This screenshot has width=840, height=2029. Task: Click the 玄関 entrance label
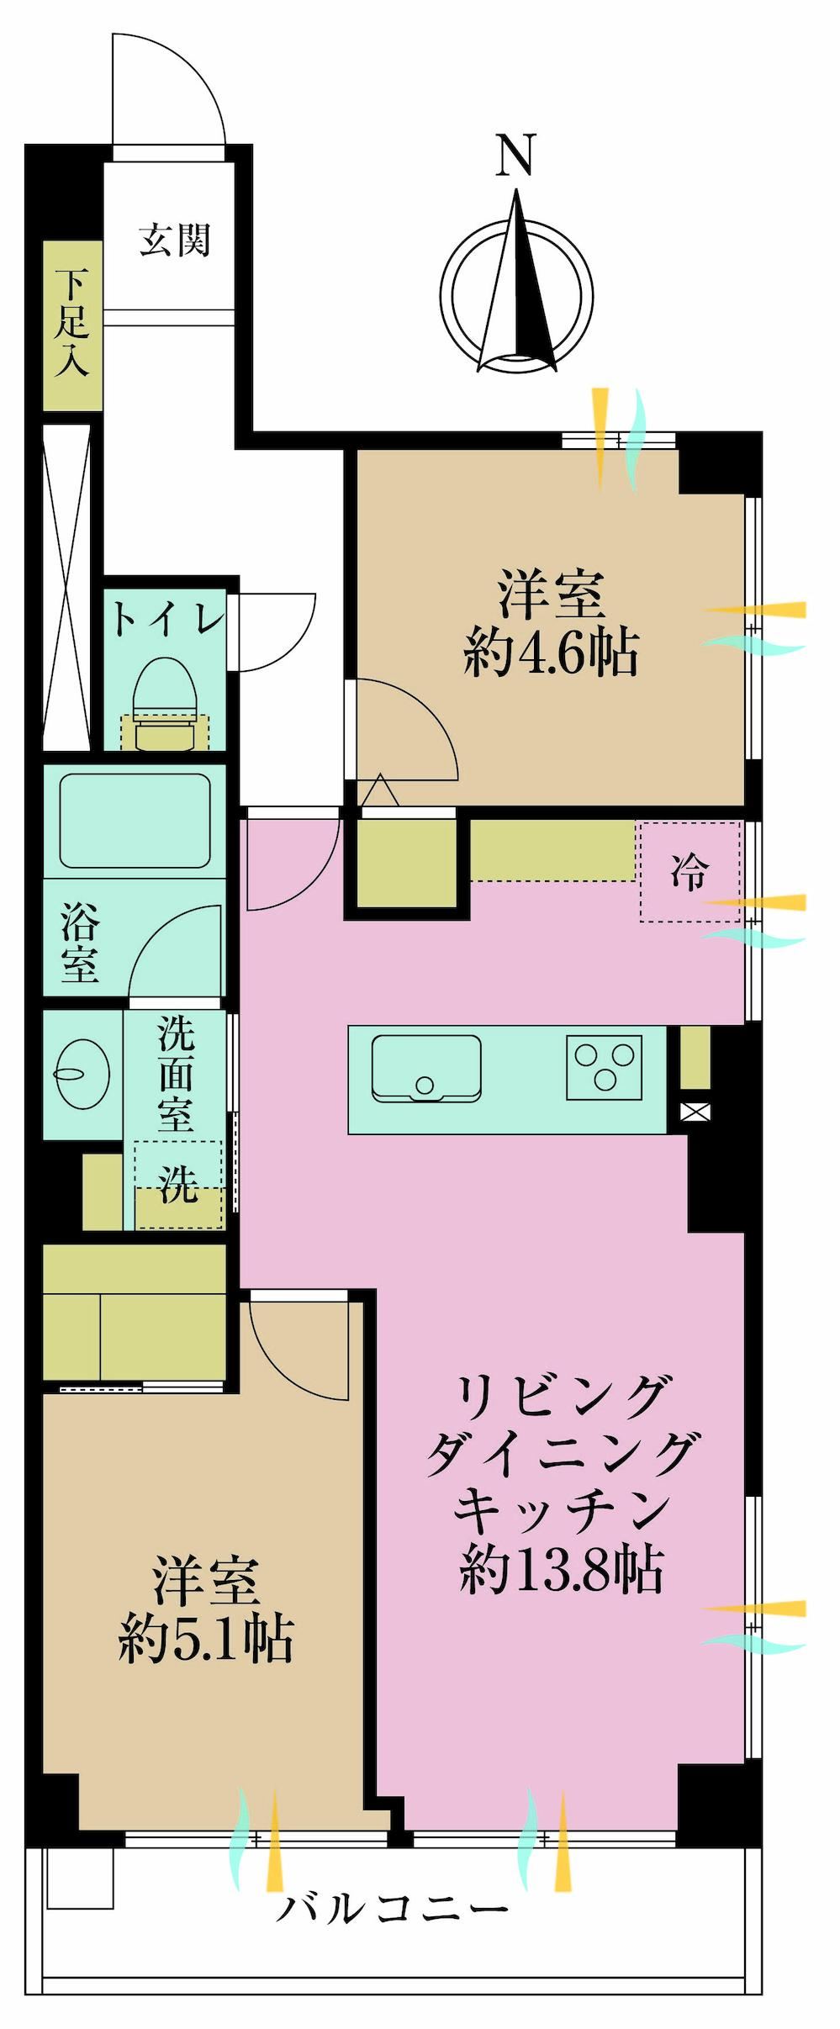[x=174, y=240]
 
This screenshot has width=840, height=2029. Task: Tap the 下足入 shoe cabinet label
[x=72, y=324]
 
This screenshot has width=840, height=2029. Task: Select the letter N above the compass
[x=516, y=156]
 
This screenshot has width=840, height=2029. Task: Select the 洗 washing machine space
[x=178, y=1186]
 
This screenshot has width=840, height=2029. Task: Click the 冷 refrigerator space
[x=690, y=873]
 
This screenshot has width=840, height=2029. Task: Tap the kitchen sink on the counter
[x=426, y=1068]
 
